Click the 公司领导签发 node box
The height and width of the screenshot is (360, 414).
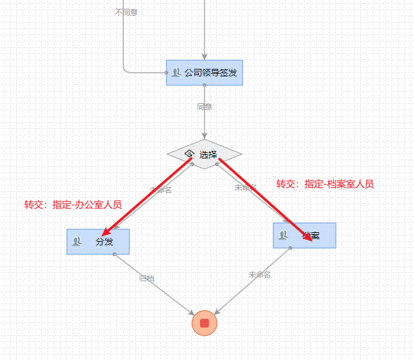pos(204,73)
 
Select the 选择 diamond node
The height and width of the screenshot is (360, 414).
pos(204,154)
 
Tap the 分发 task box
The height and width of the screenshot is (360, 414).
pos(98,242)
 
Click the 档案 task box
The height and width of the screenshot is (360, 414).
pos(305,235)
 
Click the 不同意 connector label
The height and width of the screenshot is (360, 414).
pos(126,12)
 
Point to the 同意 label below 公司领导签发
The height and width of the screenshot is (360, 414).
pos(204,107)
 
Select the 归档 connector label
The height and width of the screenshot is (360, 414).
pos(147,278)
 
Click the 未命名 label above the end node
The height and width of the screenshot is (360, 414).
pos(259,274)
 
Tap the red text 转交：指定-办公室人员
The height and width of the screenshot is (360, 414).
pos(73,205)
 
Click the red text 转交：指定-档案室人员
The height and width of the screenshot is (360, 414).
pos(325,184)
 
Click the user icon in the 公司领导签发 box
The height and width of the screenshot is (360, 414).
pos(176,73)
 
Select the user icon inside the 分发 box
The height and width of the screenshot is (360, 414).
pos(77,242)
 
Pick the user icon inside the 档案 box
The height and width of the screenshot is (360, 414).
pos(283,235)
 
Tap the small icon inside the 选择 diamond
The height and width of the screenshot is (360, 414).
pos(189,154)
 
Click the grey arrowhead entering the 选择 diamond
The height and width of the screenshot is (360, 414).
pos(204,135)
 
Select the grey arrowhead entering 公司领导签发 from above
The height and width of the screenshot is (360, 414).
pos(204,56)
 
